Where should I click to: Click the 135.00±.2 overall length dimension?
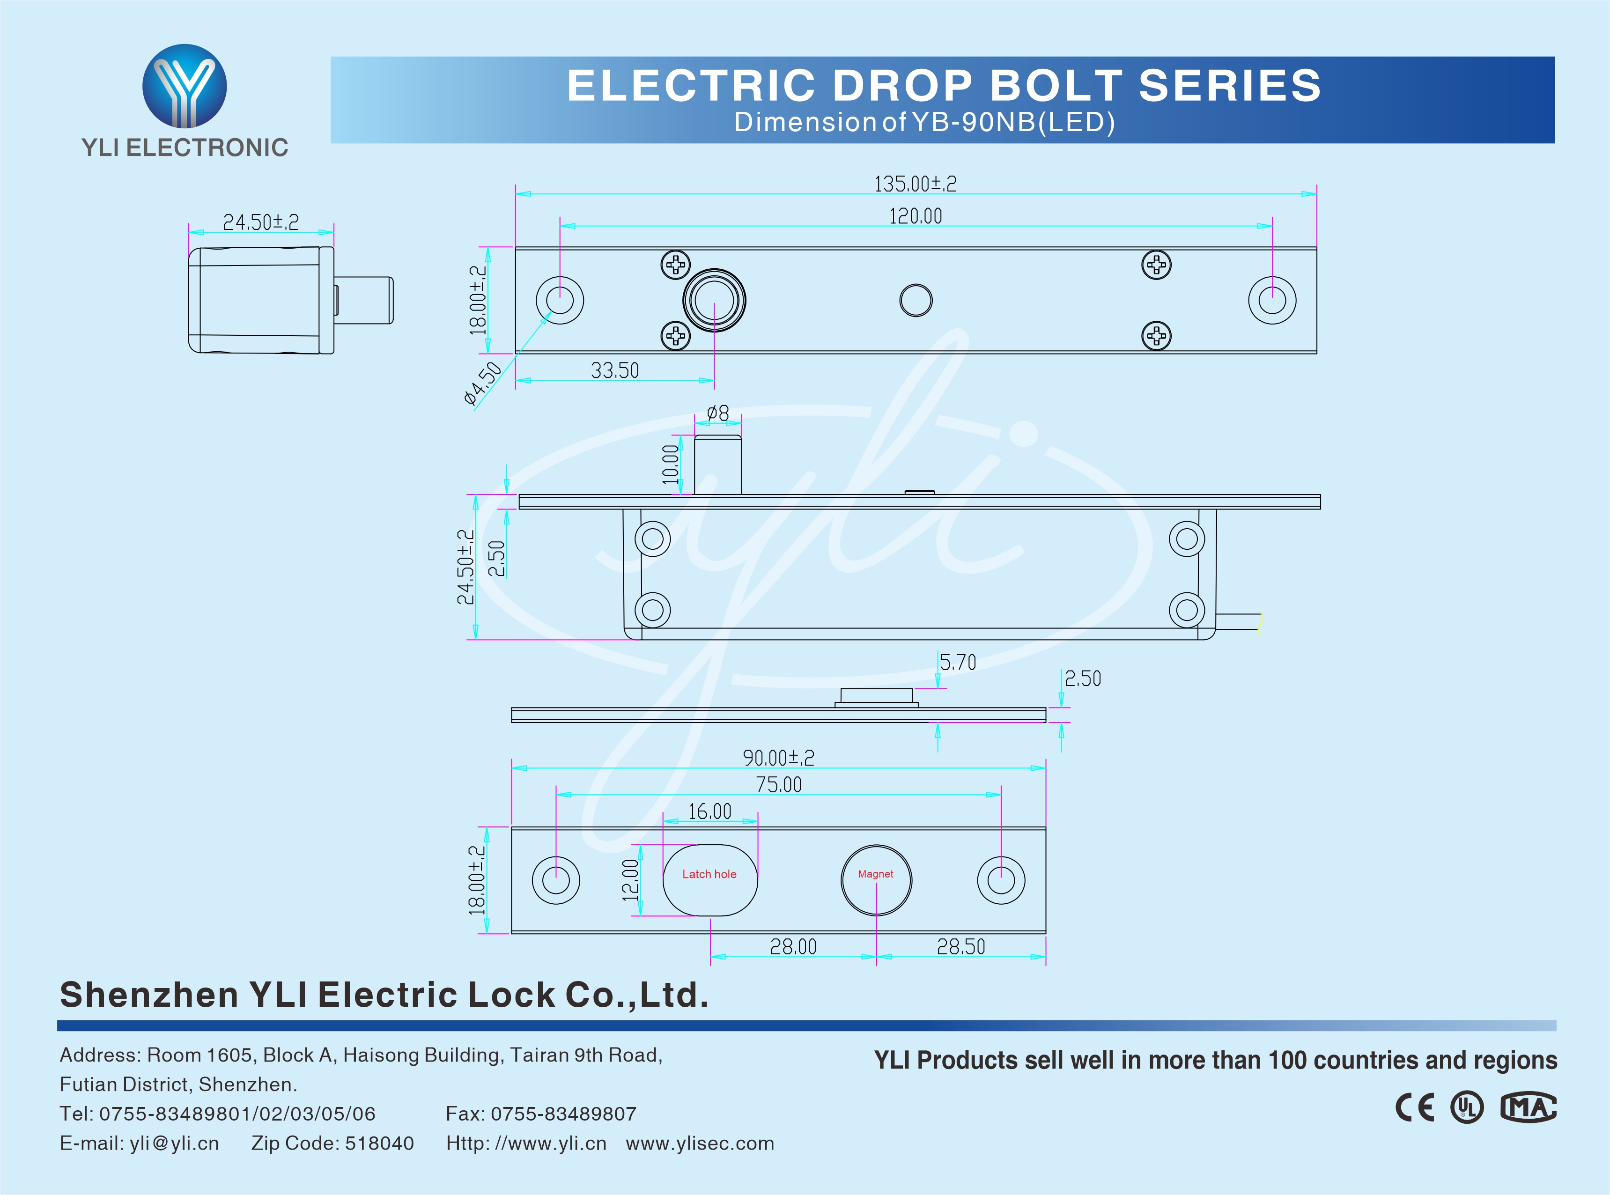tap(915, 184)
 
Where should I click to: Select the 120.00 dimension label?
tap(916, 215)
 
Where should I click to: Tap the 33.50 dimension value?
tap(615, 370)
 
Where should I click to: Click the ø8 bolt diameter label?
tap(717, 413)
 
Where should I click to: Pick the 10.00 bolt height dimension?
tap(671, 465)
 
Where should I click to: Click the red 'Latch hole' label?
tap(709, 874)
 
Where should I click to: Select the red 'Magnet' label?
tap(875, 874)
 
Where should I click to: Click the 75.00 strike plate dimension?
tap(778, 785)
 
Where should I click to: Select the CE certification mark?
tap(1415, 1107)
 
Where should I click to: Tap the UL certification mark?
tap(1467, 1107)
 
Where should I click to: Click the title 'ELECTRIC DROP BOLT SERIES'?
tap(944, 85)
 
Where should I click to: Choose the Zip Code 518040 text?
tap(332, 1143)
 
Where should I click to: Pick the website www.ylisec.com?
tap(700, 1143)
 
